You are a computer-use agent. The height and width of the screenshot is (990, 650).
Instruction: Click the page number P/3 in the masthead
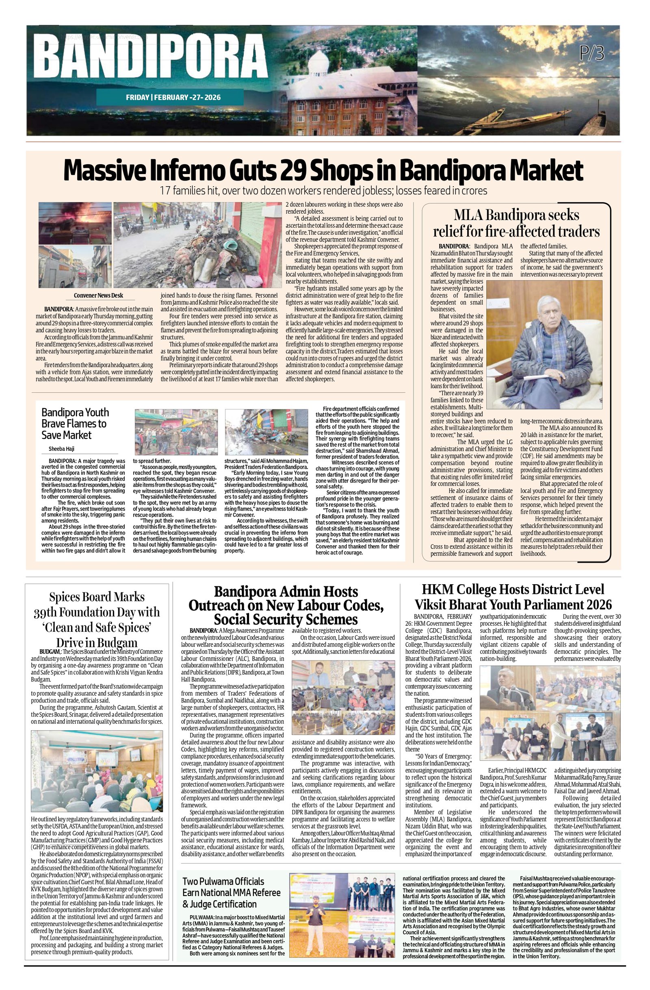592,54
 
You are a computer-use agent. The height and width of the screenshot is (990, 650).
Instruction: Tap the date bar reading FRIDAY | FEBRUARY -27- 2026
173,97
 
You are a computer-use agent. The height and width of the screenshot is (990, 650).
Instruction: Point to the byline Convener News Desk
98,295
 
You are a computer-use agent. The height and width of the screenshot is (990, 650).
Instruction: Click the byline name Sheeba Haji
62,448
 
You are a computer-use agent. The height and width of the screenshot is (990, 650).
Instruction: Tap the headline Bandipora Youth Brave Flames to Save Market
75,424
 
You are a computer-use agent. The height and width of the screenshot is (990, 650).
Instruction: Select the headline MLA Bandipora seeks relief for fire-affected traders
517,223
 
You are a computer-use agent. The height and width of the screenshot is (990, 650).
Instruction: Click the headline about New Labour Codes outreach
286,605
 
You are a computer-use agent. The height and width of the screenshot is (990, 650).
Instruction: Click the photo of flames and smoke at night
75,222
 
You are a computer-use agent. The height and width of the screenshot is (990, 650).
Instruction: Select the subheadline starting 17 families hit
323,191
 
